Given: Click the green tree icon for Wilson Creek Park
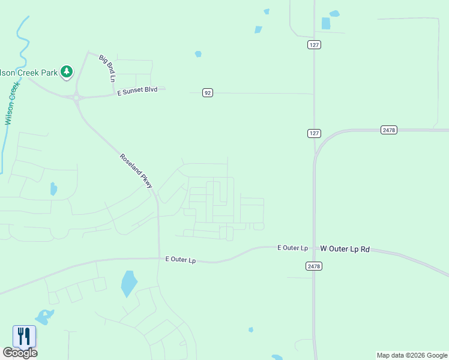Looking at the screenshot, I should (x=67, y=73).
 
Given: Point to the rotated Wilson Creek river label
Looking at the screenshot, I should (x=10, y=103).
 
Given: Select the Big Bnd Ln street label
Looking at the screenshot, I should (x=107, y=67).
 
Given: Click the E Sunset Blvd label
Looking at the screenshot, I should (x=137, y=89).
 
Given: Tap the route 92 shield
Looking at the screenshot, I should (x=207, y=92).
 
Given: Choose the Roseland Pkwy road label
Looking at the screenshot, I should (x=136, y=172).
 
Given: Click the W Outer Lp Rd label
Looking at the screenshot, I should (x=345, y=248).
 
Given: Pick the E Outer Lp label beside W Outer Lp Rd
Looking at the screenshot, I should (x=292, y=247).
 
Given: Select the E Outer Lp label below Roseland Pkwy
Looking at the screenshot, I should (x=181, y=260).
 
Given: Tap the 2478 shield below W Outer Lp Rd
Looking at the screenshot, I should (x=313, y=266).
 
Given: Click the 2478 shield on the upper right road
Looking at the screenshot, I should (x=388, y=130).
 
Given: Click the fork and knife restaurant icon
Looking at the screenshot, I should (x=24, y=336).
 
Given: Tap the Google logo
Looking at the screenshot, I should (x=20, y=353).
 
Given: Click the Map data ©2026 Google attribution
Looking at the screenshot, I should (x=412, y=355).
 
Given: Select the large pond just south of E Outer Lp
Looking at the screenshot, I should (x=128, y=283).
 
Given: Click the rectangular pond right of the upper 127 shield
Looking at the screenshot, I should (x=326, y=23).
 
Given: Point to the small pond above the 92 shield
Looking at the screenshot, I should (x=198, y=54).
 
